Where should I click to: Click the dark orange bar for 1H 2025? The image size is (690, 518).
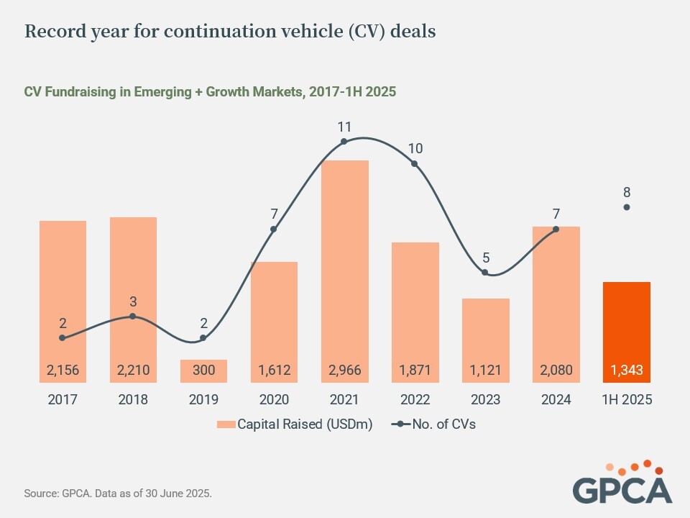coord(627,324)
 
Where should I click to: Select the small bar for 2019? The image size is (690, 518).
coord(203,371)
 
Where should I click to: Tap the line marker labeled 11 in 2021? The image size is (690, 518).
coord(344,141)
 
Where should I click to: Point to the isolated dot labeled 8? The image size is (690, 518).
coord(627,207)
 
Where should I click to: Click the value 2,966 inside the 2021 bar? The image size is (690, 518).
coord(344,371)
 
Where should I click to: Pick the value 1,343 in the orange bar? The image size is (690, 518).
coord(627,371)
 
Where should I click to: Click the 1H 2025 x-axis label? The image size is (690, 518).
coord(627,400)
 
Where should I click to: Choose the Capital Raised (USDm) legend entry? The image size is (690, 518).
coord(295,424)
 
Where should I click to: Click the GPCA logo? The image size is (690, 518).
coord(622,482)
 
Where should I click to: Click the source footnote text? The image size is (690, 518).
coord(118,494)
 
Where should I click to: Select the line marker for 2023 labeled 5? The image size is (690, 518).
coord(485,273)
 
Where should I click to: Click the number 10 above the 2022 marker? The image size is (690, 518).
coord(415,149)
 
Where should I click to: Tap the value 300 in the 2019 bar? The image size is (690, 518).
coord(203,371)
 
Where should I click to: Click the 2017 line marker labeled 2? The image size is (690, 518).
coord(63,337)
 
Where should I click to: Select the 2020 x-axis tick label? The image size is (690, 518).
coord(274,400)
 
